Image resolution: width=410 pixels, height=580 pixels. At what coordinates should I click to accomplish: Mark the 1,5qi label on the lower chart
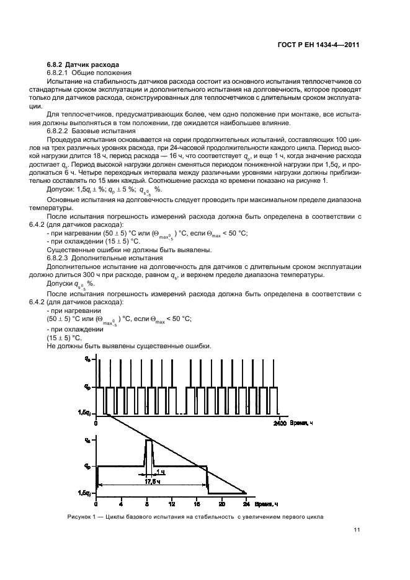click(x=85, y=493)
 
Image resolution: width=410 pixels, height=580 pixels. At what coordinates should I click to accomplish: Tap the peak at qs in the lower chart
click(x=148, y=441)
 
